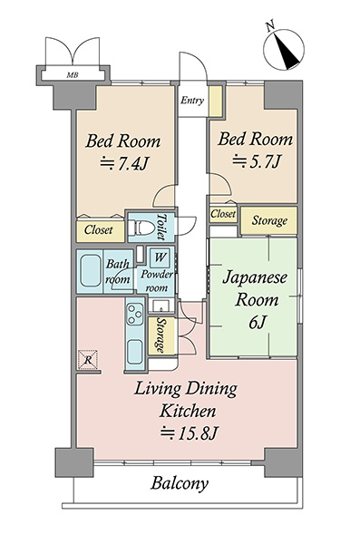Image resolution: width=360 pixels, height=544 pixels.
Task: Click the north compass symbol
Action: pyautogui.click(x=284, y=49)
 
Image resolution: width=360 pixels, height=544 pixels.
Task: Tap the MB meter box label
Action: pyautogui.click(x=73, y=74)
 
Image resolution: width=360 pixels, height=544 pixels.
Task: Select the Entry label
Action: pyautogui.click(x=192, y=101)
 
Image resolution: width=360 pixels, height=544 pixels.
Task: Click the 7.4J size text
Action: pyautogui.click(x=124, y=163)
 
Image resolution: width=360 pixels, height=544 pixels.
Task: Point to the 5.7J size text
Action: pyautogui.click(x=256, y=161)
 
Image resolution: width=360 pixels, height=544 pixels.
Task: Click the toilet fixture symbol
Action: pyautogui.click(x=141, y=228)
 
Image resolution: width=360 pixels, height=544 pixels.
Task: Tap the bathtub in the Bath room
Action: pyautogui.click(x=90, y=271)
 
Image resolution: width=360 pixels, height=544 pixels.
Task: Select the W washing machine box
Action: pyautogui.click(x=160, y=257)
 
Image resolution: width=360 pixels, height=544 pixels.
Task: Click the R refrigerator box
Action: pyautogui.click(x=88, y=359)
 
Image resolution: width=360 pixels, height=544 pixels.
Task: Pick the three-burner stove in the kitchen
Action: pyautogui.click(x=135, y=314)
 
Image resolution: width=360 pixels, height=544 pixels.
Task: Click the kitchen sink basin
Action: pyautogui.click(x=135, y=351)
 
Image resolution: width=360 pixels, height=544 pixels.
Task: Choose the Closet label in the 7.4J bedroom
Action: pyautogui.click(x=99, y=229)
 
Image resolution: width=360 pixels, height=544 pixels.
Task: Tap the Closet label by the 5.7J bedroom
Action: pyautogui.click(x=223, y=214)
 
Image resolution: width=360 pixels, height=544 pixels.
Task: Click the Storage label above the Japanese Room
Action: pyautogui.click(x=269, y=220)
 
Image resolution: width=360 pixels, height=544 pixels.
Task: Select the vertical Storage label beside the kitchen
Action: pyautogui.click(x=161, y=335)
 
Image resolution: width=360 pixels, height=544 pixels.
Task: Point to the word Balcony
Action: pyautogui.click(x=180, y=483)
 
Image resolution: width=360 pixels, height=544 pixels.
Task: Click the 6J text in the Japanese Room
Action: pyautogui.click(x=258, y=322)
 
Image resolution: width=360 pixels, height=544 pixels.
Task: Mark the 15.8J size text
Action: pyautogui.click(x=190, y=433)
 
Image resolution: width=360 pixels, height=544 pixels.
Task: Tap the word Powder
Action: pyautogui.click(x=157, y=275)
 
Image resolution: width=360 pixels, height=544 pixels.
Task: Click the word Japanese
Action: pyautogui.click(x=255, y=278)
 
